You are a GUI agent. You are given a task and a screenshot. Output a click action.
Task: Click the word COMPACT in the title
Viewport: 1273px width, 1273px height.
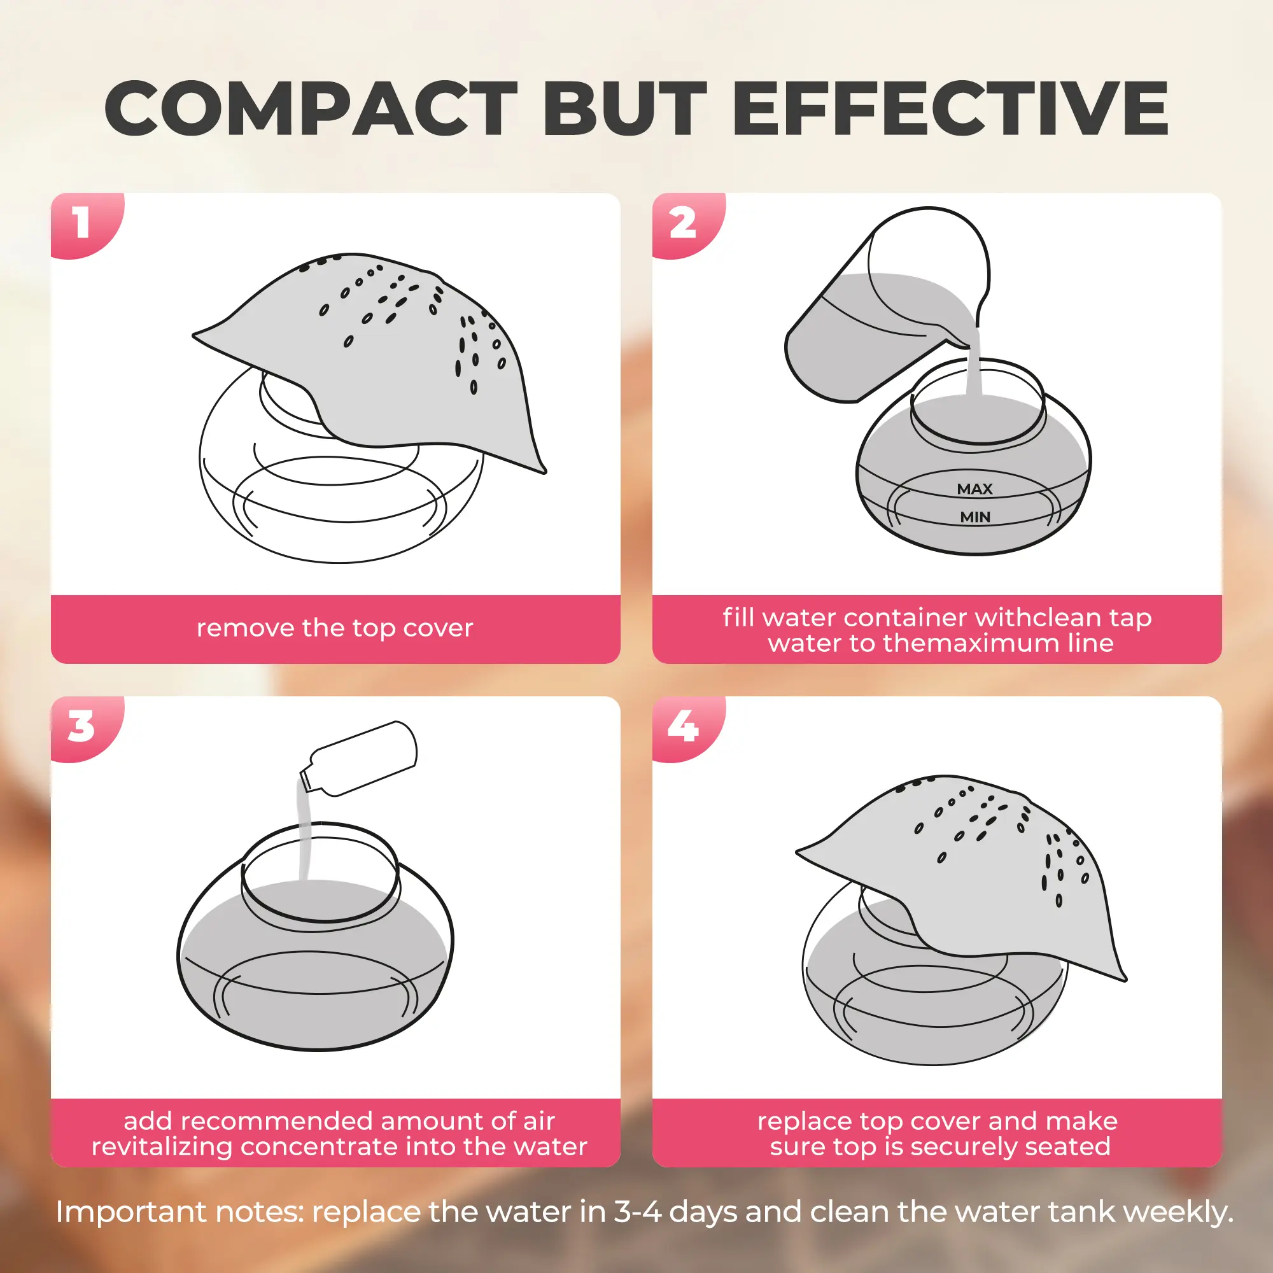click(x=311, y=108)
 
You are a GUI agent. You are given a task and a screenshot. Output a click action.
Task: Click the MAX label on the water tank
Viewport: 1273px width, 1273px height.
click(x=974, y=489)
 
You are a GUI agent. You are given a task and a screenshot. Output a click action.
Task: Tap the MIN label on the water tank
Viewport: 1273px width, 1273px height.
click(x=975, y=517)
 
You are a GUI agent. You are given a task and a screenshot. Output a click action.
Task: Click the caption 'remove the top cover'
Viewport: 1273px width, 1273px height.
click(x=335, y=628)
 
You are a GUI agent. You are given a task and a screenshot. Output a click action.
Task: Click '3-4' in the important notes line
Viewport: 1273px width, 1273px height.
click(x=637, y=1211)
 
